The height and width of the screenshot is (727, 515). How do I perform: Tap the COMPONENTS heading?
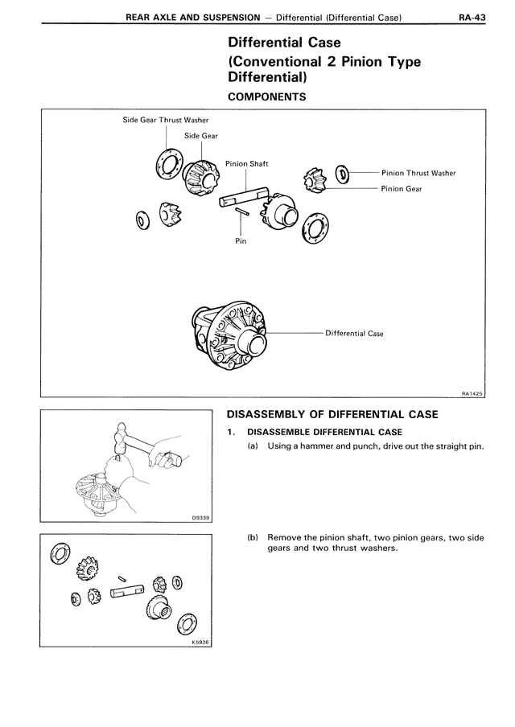266,97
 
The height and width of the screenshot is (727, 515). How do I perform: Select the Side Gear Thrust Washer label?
166,120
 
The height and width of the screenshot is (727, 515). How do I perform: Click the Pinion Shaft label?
246,163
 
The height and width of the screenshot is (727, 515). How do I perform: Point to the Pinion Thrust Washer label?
418,172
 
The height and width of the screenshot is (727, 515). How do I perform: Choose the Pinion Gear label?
402,189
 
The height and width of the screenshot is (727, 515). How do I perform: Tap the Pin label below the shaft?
241,240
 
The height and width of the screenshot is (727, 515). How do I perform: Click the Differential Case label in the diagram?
354,333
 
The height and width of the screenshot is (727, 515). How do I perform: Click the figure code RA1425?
472,393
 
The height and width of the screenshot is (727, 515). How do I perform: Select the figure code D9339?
201,519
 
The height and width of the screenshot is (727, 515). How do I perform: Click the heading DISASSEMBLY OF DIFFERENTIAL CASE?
332,415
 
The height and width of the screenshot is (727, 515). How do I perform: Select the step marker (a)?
253,446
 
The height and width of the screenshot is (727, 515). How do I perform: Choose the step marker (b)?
253,537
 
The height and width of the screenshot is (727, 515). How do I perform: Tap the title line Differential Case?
285,43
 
